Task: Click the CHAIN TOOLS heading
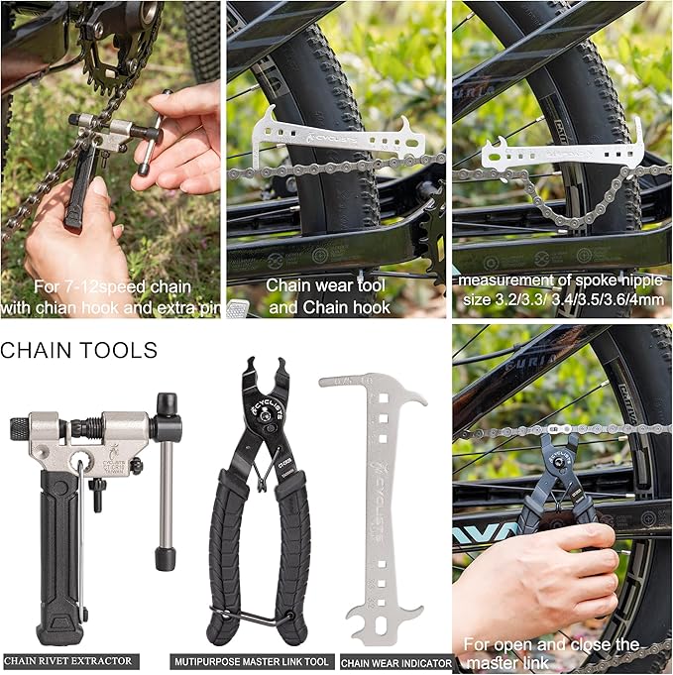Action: coord(79,350)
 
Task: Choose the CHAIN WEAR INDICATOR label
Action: coord(396,662)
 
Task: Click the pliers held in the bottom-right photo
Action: coord(561,476)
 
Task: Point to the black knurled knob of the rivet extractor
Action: coord(20,429)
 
